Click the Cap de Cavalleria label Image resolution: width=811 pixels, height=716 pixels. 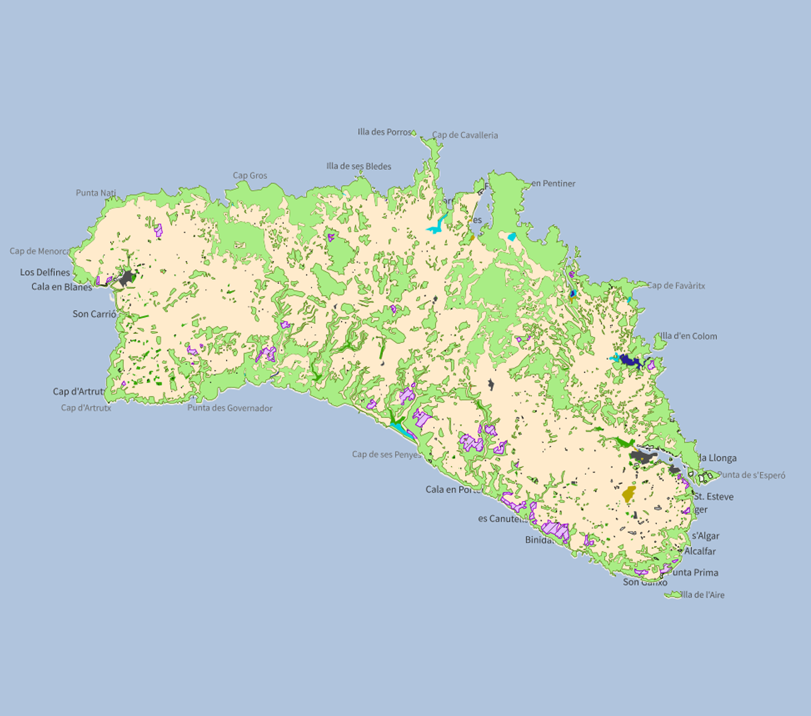(465, 135)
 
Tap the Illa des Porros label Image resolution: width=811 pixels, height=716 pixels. (384, 132)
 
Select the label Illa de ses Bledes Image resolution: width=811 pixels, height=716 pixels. (358, 166)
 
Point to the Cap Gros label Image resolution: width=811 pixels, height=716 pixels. (250, 176)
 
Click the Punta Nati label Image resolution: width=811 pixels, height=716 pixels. (96, 193)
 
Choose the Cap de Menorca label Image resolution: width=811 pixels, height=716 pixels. (39, 251)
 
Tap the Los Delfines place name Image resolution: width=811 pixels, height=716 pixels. (45, 272)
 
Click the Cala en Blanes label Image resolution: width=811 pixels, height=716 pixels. (62, 287)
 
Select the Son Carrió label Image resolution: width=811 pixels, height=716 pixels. (94, 314)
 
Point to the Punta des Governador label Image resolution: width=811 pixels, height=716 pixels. (230, 408)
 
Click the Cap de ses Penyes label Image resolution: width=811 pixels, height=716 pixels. (386, 454)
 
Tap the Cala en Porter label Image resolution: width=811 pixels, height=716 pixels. (453, 489)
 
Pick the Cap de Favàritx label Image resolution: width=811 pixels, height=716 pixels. (676, 285)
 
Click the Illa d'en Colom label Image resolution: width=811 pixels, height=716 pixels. (689, 336)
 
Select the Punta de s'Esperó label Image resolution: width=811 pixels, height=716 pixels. (751, 475)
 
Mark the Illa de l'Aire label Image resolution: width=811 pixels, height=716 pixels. (702, 595)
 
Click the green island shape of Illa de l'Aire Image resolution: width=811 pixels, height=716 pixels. (673, 595)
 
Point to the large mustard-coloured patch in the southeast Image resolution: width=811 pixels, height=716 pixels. (629, 494)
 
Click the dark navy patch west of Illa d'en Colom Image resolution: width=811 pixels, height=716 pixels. (629, 361)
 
